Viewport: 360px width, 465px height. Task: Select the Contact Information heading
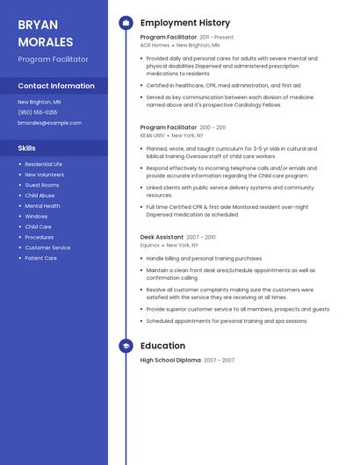coord(56,86)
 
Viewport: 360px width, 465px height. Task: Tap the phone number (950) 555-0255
coord(38,112)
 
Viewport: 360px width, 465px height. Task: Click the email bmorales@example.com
coord(49,123)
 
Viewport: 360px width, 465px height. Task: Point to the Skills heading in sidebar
coord(27,148)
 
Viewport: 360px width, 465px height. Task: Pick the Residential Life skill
coord(43,164)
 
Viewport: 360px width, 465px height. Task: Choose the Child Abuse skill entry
coord(40,196)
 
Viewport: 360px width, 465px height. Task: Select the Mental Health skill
coord(42,206)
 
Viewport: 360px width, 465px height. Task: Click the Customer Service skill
coord(47,247)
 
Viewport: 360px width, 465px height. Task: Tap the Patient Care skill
coord(40,258)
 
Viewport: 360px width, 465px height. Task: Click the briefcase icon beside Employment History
coord(126,23)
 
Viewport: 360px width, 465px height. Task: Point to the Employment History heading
coord(184,23)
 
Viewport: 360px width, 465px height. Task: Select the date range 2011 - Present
coord(217,39)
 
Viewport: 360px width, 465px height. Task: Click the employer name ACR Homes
coord(155,45)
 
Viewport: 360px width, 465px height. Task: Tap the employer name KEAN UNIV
coord(153,136)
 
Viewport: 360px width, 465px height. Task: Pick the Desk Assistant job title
coord(162,237)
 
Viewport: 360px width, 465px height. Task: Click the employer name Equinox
coord(150,246)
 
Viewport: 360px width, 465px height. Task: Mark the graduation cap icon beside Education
coord(126,347)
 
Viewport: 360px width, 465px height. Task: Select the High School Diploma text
coord(170,361)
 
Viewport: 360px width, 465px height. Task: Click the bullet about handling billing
coord(204,259)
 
